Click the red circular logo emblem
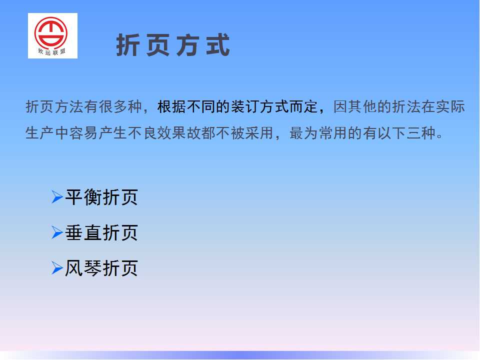coord(51,33)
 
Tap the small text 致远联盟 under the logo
coord(51,51)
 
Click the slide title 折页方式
coord(173,45)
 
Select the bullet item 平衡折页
coord(101,197)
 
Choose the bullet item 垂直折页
coord(101,232)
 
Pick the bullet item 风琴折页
coord(101,268)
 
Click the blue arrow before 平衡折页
coord(57,197)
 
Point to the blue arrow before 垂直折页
coord(57,232)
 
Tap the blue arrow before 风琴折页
coord(57,268)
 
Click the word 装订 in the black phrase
coord(245,107)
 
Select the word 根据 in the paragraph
coord(171,107)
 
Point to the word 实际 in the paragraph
coord(450,107)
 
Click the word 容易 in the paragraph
coord(84,133)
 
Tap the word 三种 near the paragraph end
coord(421,133)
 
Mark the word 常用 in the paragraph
coord(333,133)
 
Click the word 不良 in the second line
coord(143,133)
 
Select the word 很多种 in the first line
coord(120,107)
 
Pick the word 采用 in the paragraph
coord(259,133)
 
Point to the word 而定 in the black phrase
coord(304,107)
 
